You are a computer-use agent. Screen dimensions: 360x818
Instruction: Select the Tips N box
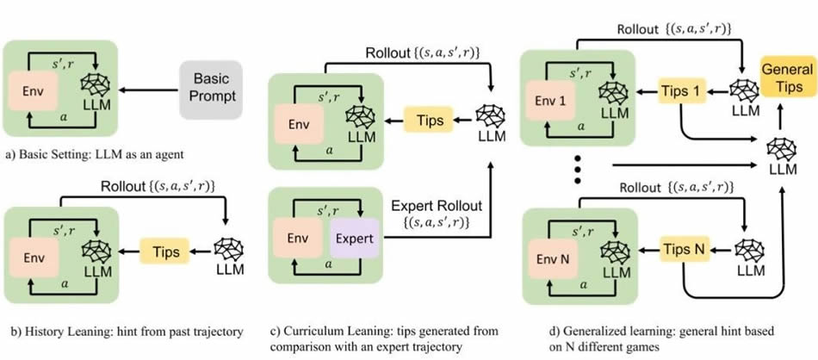pos(685,247)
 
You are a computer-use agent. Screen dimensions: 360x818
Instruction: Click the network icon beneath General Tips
pos(783,146)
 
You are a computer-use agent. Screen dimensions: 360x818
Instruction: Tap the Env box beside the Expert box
pos(297,236)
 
